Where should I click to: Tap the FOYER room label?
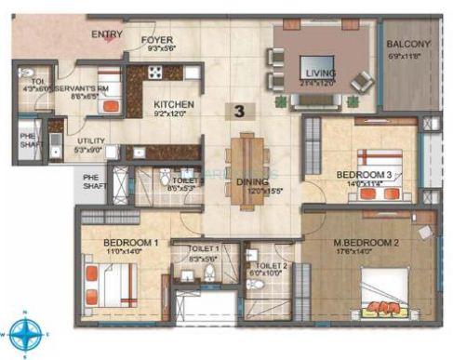click(x=157, y=41)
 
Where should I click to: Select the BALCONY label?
click(x=408, y=43)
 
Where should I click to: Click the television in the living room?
click(x=312, y=67)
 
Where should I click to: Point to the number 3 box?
click(x=241, y=111)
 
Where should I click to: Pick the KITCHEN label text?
click(x=173, y=104)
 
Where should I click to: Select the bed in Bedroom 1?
click(x=110, y=282)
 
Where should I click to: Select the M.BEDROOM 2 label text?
click(x=366, y=245)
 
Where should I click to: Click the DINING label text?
click(x=252, y=182)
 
